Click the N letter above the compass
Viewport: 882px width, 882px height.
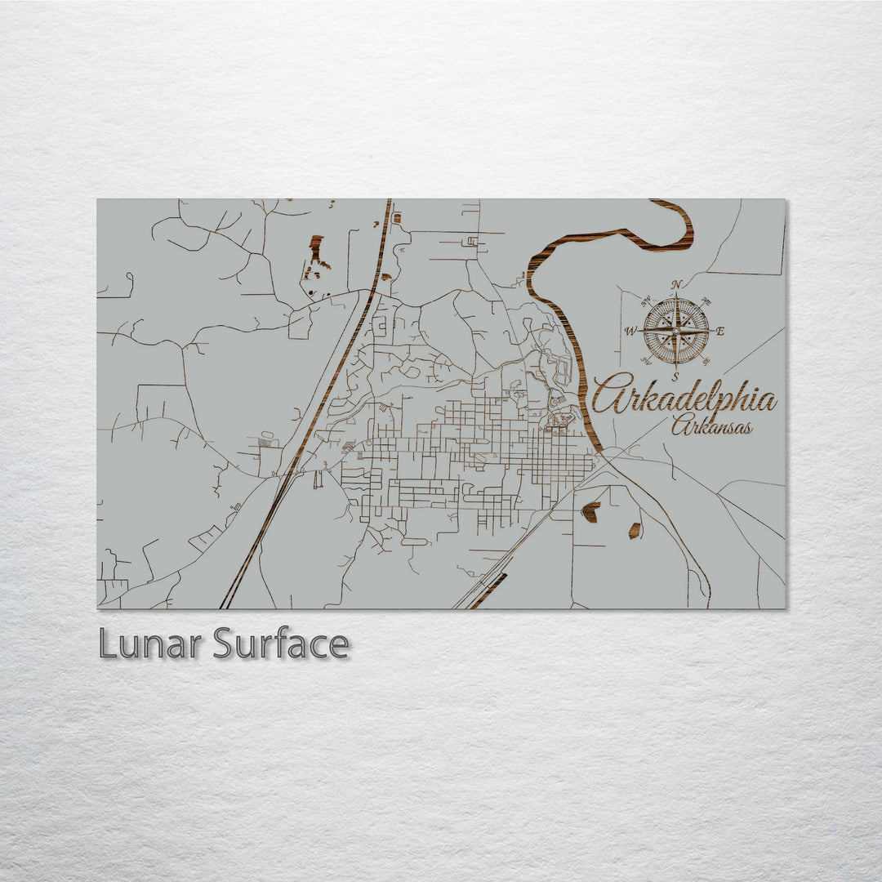[x=676, y=285]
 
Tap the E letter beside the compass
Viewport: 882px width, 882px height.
[x=719, y=332]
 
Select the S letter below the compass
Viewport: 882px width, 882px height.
[x=675, y=376]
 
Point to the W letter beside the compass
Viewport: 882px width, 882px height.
[x=630, y=331]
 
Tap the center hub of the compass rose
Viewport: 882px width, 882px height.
[x=676, y=331]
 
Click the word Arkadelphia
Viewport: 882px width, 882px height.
[x=684, y=398]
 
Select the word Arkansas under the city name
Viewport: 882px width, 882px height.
[x=711, y=425]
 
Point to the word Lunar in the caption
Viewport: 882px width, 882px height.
[x=150, y=644]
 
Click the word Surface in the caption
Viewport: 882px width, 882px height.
[x=281, y=644]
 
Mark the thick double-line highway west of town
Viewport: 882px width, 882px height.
[x=327, y=392]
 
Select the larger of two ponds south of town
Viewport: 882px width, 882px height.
[x=590, y=512]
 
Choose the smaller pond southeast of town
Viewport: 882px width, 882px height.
[x=635, y=530]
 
